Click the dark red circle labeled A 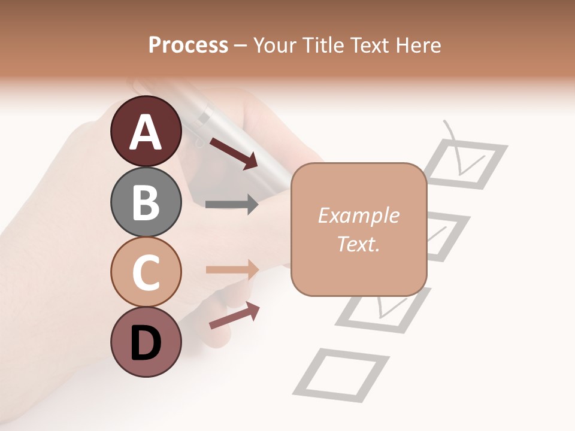(x=146, y=131)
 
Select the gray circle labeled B (x=146, y=202)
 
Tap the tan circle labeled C (x=146, y=272)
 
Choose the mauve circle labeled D (x=146, y=342)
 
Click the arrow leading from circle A (x=234, y=153)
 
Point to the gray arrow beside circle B (x=232, y=205)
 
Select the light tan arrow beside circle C (x=232, y=269)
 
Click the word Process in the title (x=188, y=45)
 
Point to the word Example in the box (x=358, y=215)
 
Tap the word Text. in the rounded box (x=358, y=244)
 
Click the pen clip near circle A (x=204, y=114)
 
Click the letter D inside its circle (x=146, y=344)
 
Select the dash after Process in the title (x=240, y=46)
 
